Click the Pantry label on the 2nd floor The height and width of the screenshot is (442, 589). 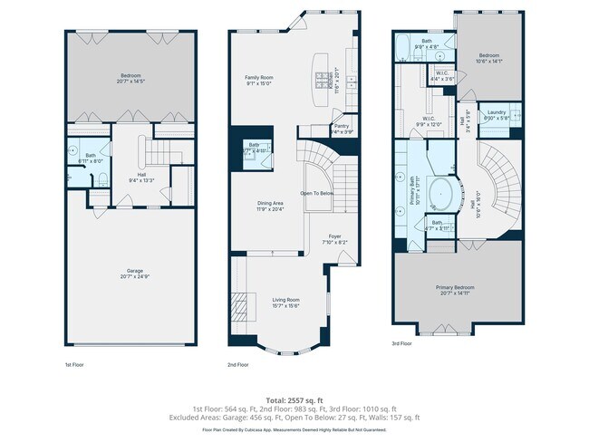tap(342, 126)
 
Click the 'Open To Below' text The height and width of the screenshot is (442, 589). tap(318, 193)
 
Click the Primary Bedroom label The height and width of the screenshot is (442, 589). tap(458, 287)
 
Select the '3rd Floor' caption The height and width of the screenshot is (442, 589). tap(402, 344)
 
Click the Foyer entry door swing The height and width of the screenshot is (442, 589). tap(343, 258)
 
